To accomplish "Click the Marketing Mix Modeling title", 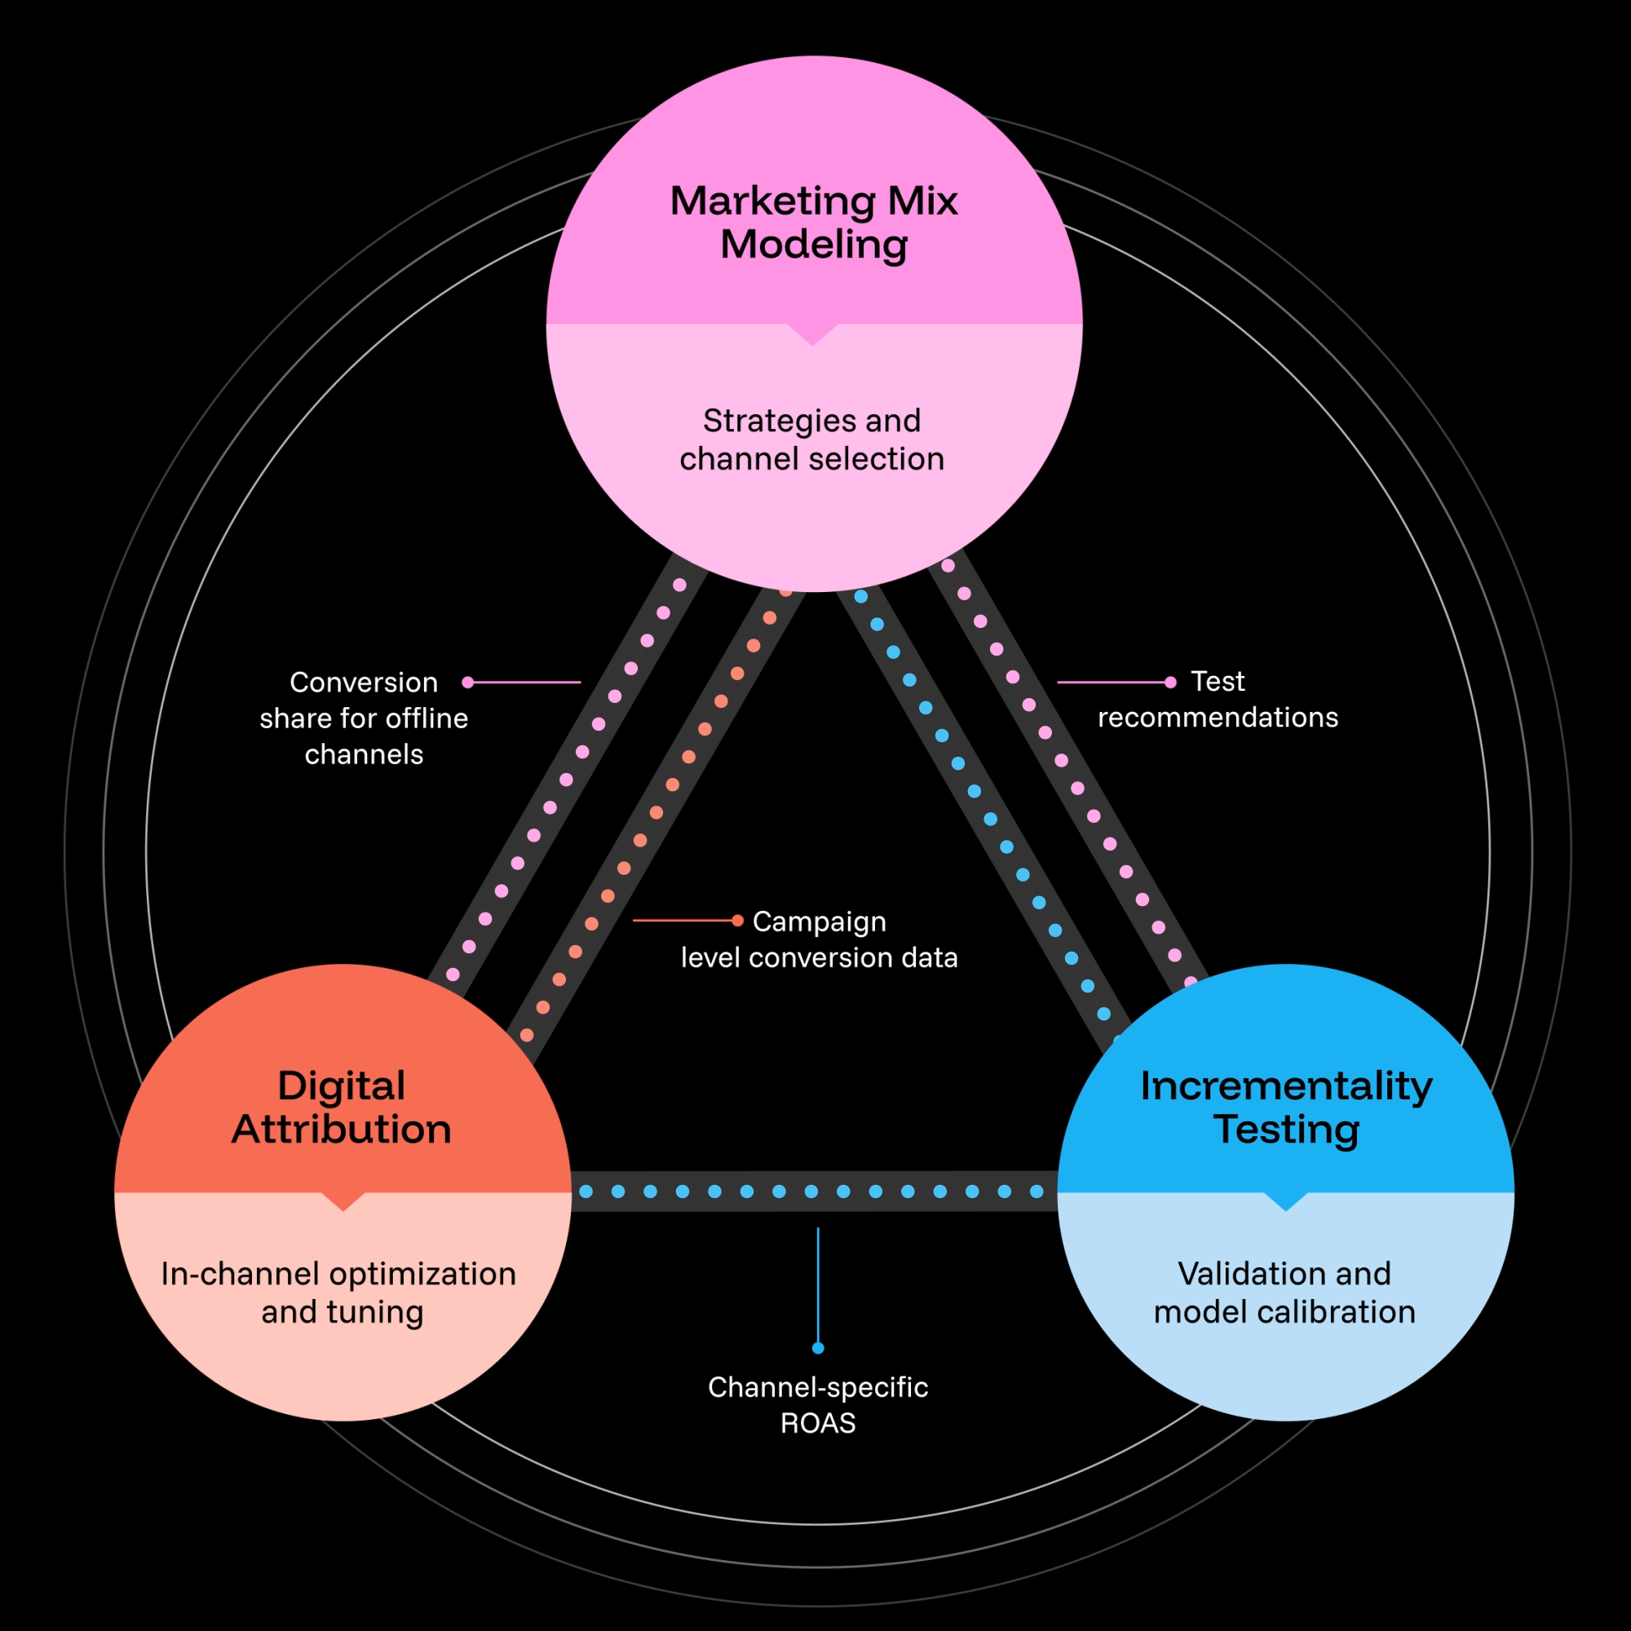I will (814, 223).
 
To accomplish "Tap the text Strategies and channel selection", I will (812, 440).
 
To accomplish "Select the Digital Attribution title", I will (342, 1107).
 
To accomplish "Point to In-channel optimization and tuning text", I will (339, 1293).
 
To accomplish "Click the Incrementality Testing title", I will (1286, 1107).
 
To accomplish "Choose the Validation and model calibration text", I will (1284, 1293).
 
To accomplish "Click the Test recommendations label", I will (1218, 699).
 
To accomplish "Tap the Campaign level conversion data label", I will (819, 939).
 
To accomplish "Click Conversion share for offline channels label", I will (364, 718).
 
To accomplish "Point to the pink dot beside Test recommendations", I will (1170, 682).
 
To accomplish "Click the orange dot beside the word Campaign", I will (737, 920).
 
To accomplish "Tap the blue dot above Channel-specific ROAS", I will (817, 1348).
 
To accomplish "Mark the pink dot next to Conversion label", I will (467, 682).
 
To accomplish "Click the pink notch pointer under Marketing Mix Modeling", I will (812, 334).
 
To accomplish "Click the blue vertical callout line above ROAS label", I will (817, 1283).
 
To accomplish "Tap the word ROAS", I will (817, 1423).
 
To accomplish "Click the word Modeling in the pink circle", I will (814, 245).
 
